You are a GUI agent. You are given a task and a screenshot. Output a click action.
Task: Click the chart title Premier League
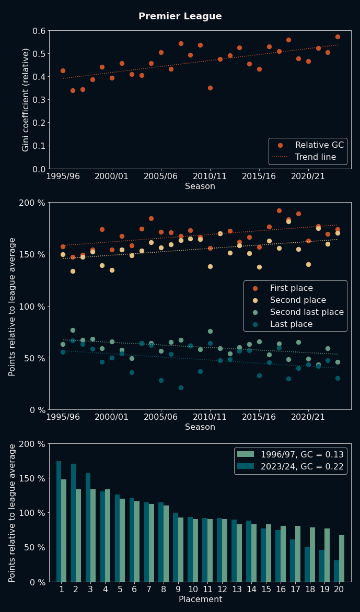tap(180, 17)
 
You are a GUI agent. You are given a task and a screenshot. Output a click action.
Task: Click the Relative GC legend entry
tap(315, 145)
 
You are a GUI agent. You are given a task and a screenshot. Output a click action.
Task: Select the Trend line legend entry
tap(315, 157)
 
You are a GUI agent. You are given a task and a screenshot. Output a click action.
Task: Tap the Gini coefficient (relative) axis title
tap(26, 100)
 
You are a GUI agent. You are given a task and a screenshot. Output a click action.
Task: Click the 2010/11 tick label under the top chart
tap(210, 176)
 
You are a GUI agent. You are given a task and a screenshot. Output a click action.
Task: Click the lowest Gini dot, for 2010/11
tap(210, 88)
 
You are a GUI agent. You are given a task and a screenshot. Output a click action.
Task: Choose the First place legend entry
tap(291, 288)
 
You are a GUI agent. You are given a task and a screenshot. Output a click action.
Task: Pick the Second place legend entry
tap(298, 300)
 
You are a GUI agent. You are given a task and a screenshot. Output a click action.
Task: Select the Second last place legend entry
tap(307, 312)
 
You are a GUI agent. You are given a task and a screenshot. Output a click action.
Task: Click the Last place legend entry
tap(291, 324)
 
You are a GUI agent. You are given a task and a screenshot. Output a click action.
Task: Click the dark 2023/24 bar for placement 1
tap(59, 521)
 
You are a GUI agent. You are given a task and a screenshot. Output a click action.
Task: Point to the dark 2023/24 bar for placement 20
tap(336, 571)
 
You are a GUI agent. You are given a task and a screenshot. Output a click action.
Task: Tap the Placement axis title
tap(200, 599)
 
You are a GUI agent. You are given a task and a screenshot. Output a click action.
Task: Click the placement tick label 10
tap(193, 590)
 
